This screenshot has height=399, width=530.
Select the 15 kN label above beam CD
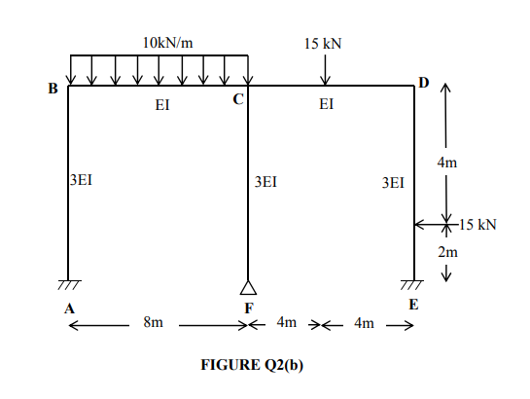pos(323,44)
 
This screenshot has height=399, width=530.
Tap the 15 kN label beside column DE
pos(477,225)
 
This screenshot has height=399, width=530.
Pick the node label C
pos(237,100)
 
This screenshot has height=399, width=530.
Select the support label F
pos(248,308)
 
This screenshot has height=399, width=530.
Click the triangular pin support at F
pos(249,286)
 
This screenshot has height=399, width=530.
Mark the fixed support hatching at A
pos(68,285)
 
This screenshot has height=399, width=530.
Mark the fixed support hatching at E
pos(414,285)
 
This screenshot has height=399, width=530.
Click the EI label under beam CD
pos(327,106)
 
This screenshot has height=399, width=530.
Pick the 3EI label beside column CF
pos(265,181)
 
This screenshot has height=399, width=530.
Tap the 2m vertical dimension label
pos(446,253)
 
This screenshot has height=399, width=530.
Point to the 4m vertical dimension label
pos(445,163)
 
